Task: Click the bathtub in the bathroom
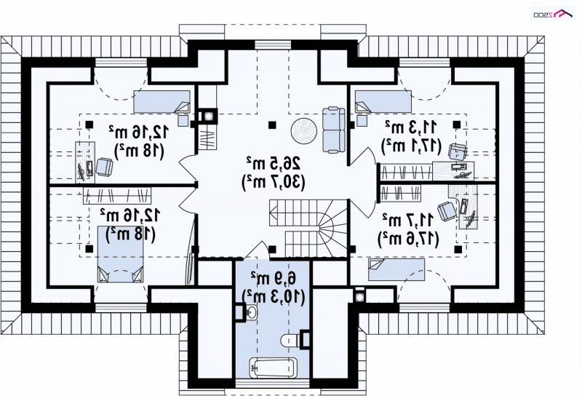click(x=274, y=368)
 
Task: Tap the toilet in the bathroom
click(x=291, y=340)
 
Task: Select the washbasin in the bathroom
click(x=252, y=312)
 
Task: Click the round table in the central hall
click(x=303, y=130)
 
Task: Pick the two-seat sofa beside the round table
click(x=334, y=130)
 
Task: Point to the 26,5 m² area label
click(x=274, y=163)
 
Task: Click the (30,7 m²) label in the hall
click(x=274, y=183)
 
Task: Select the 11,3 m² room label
click(x=411, y=127)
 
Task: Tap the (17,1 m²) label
click(x=411, y=146)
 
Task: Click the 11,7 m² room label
click(x=408, y=220)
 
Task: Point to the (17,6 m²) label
click(x=408, y=239)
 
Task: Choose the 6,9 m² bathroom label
click(x=274, y=277)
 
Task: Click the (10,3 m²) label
click(x=274, y=296)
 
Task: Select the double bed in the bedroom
click(x=121, y=255)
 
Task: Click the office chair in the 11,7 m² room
click(x=447, y=210)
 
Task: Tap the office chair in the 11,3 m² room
click(x=458, y=151)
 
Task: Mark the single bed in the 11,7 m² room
click(x=396, y=269)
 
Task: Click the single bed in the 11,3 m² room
click(x=383, y=101)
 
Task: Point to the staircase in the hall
click(x=308, y=228)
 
